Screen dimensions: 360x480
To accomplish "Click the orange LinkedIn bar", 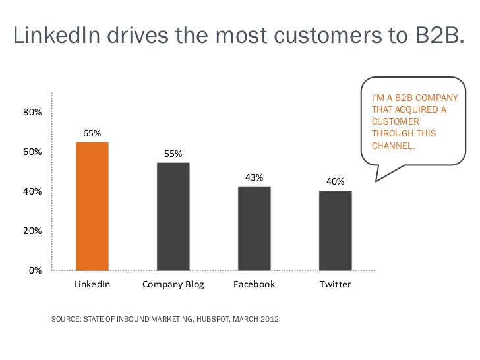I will coord(92,206).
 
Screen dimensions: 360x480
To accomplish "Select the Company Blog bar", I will coord(173,216).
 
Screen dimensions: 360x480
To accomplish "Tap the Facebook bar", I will coord(254,228).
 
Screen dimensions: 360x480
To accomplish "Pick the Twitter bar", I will coord(336,230).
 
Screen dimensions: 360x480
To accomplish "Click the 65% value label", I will coord(92,133).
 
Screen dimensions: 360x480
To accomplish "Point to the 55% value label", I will coord(173,154).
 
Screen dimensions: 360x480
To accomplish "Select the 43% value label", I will coord(254,177).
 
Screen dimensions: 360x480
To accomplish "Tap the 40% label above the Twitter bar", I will coord(336,181).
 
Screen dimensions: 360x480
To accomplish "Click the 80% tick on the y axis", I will coord(33,113).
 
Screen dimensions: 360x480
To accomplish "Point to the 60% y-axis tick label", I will coord(33,152).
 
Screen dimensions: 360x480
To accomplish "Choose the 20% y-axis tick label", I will coord(33,231).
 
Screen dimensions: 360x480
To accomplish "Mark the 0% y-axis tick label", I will coord(35,270).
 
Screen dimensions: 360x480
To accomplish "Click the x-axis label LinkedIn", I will coord(92,285).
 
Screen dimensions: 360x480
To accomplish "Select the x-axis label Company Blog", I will coord(173,285).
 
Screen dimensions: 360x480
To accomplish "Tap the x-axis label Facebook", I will coord(254,285).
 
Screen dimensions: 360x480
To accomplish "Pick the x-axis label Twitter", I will coord(336,285).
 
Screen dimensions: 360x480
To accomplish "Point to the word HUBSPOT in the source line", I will coord(208,319).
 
